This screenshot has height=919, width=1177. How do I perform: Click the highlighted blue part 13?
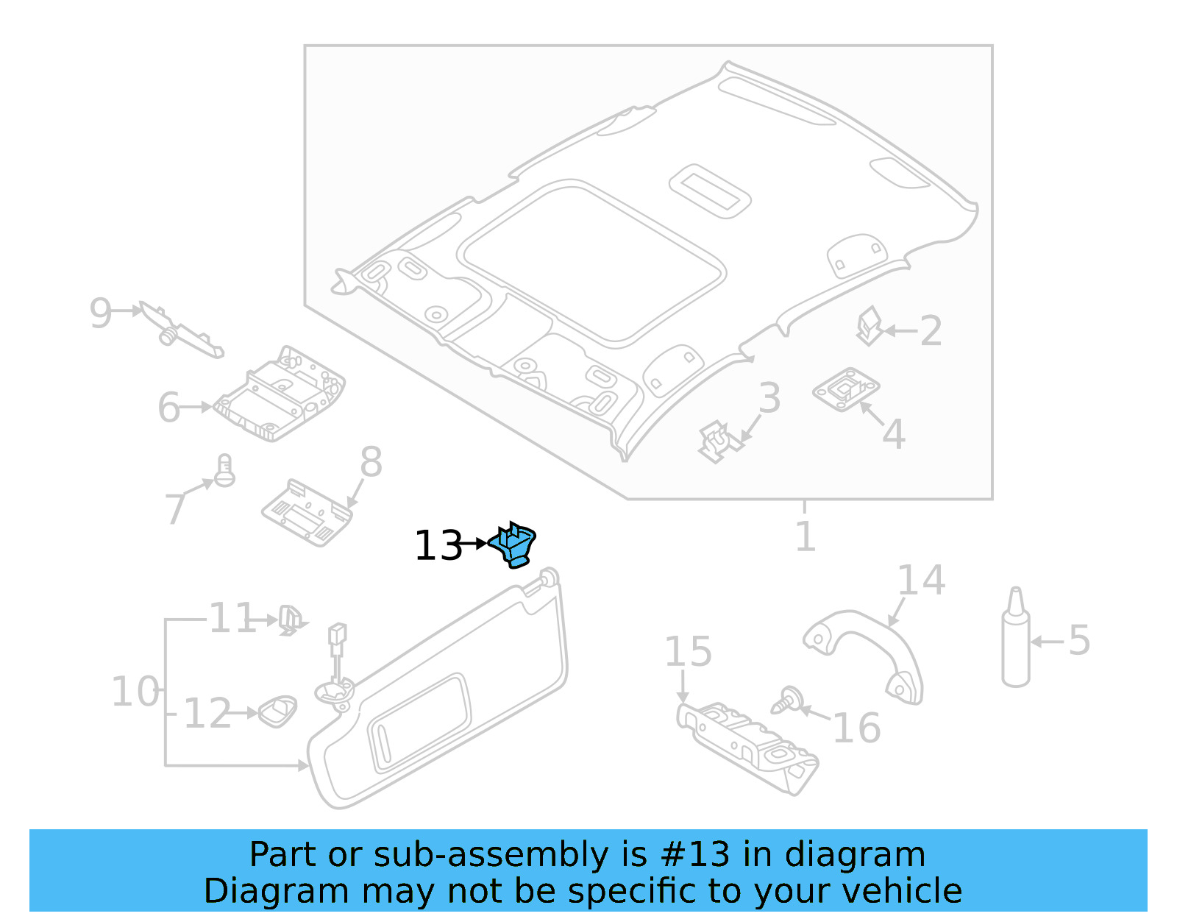(x=514, y=544)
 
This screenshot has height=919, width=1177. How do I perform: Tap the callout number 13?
(x=438, y=546)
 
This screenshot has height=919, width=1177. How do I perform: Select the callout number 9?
(x=101, y=313)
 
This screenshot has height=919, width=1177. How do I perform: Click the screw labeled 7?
(x=224, y=471)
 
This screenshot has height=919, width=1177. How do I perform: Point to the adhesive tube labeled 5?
(x=1016, y=640)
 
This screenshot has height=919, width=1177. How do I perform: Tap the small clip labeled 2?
(x=870, y=325)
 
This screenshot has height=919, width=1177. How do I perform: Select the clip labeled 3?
(x=716, y=441)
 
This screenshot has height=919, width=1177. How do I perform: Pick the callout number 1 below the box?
(x=806, y=536)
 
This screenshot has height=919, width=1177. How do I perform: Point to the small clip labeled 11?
(x=290, y=620)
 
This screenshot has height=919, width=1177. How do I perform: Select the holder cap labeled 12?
(x=278, y=712)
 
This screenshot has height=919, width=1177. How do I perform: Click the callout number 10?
(x=135, y=692)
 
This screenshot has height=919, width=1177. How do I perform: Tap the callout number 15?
(x=688, y=652)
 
